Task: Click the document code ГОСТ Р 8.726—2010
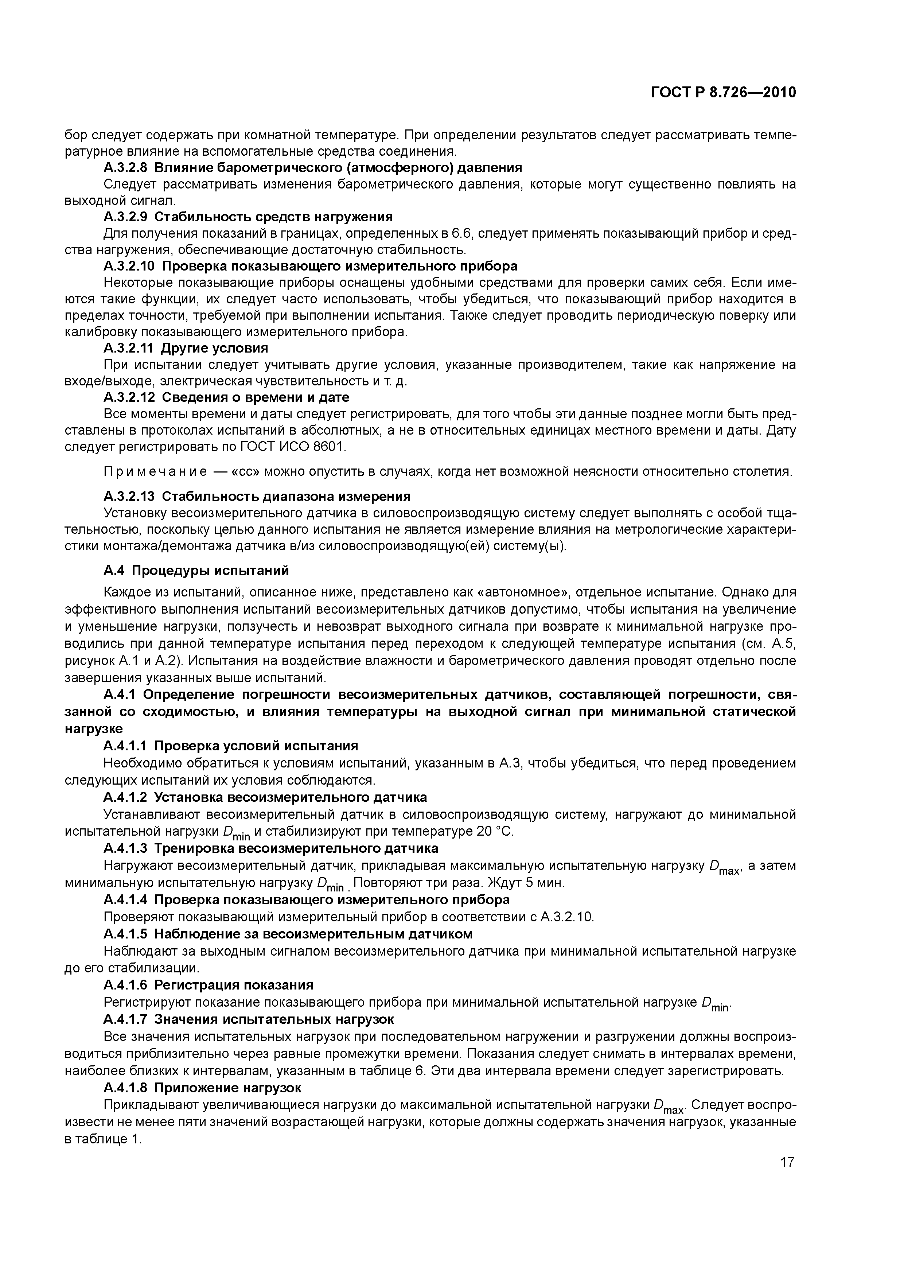[x=723, y=93]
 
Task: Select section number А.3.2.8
[x=125, y=168]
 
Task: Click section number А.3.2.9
[x=125, y=217]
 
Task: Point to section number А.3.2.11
[x=129, y=348]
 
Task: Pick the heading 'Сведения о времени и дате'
[x=255, y=397]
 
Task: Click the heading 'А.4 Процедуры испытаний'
[x=196, y=571]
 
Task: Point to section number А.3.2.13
[x=129, y=496]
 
